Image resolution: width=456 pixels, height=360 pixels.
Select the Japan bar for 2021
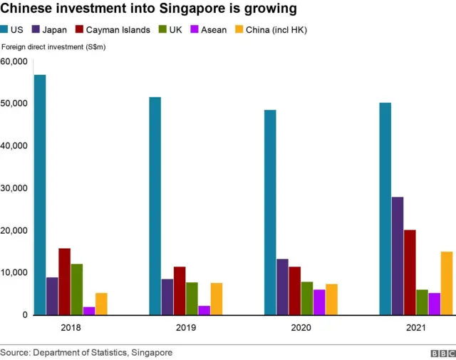(x=398, y=256)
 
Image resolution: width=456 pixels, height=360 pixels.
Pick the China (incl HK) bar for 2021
(x=447, y=283)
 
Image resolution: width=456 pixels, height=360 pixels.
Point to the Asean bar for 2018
(x=89, y=311)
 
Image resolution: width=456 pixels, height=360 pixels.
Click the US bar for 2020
(x=270, y=212)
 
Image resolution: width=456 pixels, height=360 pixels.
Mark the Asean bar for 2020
(x=319, y=302)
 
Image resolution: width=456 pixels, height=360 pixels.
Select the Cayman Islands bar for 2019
(x=180, y=291)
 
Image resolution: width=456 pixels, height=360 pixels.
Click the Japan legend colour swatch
(x=36, y=29)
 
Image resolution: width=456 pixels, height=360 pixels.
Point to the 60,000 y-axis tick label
(x=14, y=61)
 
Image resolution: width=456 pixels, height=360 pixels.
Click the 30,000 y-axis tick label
(x=14, y=188)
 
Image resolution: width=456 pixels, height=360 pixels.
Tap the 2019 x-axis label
(x=185, y=327)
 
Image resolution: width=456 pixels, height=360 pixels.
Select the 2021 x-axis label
(x=416, y=327)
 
